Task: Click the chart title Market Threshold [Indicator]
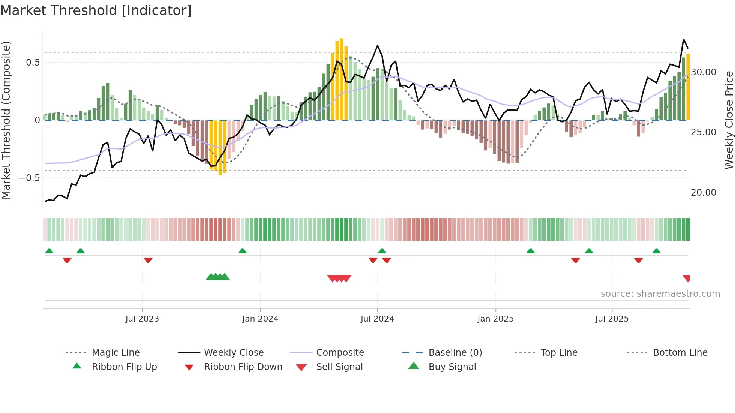pos(96,10)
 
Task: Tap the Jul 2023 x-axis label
pos(142,319)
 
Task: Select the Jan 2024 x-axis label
pos(260,319)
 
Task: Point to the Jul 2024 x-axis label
pos(377,319)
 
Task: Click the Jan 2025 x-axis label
pos(495,319)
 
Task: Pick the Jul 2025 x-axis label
pos(612,319)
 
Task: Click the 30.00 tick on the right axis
pos(703,72)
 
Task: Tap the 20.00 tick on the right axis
pos(703,193)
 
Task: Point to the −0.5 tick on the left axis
pos(29,178)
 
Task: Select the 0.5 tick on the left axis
pos(33,63)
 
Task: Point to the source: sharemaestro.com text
pos(660,294)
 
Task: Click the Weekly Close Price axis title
pos(729,120)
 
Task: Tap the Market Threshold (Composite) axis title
pos(6,120)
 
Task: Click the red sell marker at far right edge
pos(687,278)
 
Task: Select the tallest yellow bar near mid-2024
pos(341,79)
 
